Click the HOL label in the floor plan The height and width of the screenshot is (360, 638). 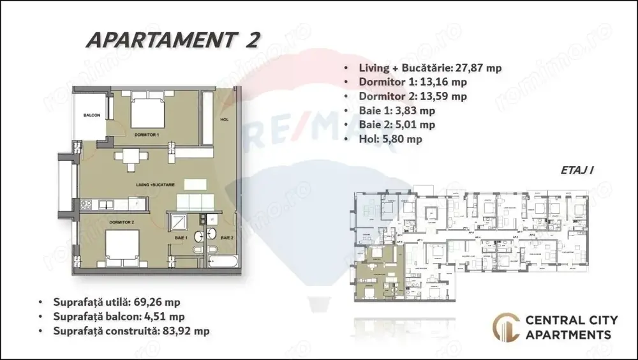[x=223, y=119]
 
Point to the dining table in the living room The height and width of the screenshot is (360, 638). [x=130, y=158]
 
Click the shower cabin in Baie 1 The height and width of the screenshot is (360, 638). [x=177, y=223]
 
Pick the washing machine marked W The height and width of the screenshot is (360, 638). [x=211, y=218]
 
